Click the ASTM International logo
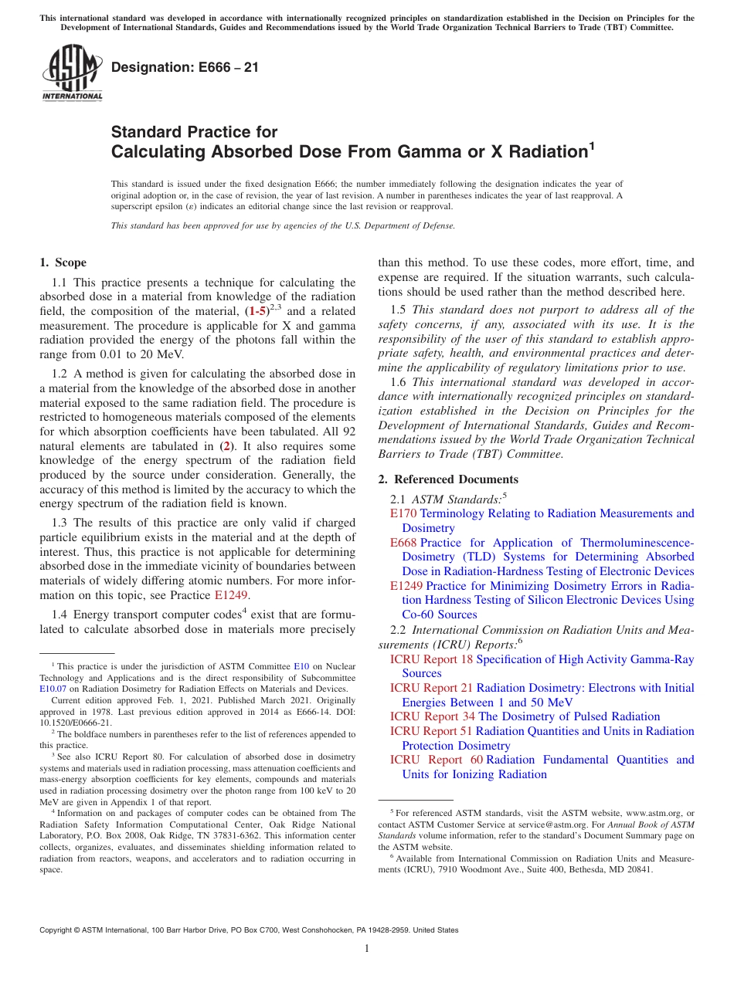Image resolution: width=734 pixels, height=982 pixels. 72,73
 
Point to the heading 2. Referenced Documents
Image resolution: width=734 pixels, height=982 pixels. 448,479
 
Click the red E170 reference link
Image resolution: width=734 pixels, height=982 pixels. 403,513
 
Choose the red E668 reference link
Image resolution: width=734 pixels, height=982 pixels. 403,543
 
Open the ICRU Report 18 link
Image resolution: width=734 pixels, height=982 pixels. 431,659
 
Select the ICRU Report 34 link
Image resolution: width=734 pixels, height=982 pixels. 432,716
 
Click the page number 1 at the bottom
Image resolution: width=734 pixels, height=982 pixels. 367,949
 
